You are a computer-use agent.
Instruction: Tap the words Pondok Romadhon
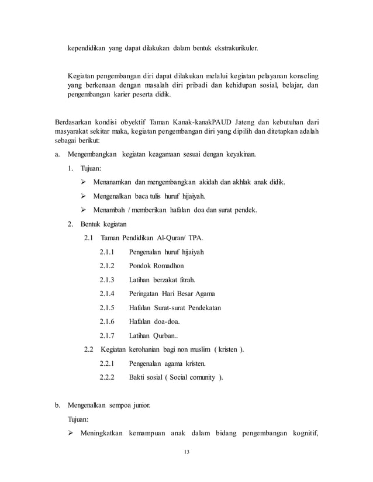pyautogui.click(x=155, y=266)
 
